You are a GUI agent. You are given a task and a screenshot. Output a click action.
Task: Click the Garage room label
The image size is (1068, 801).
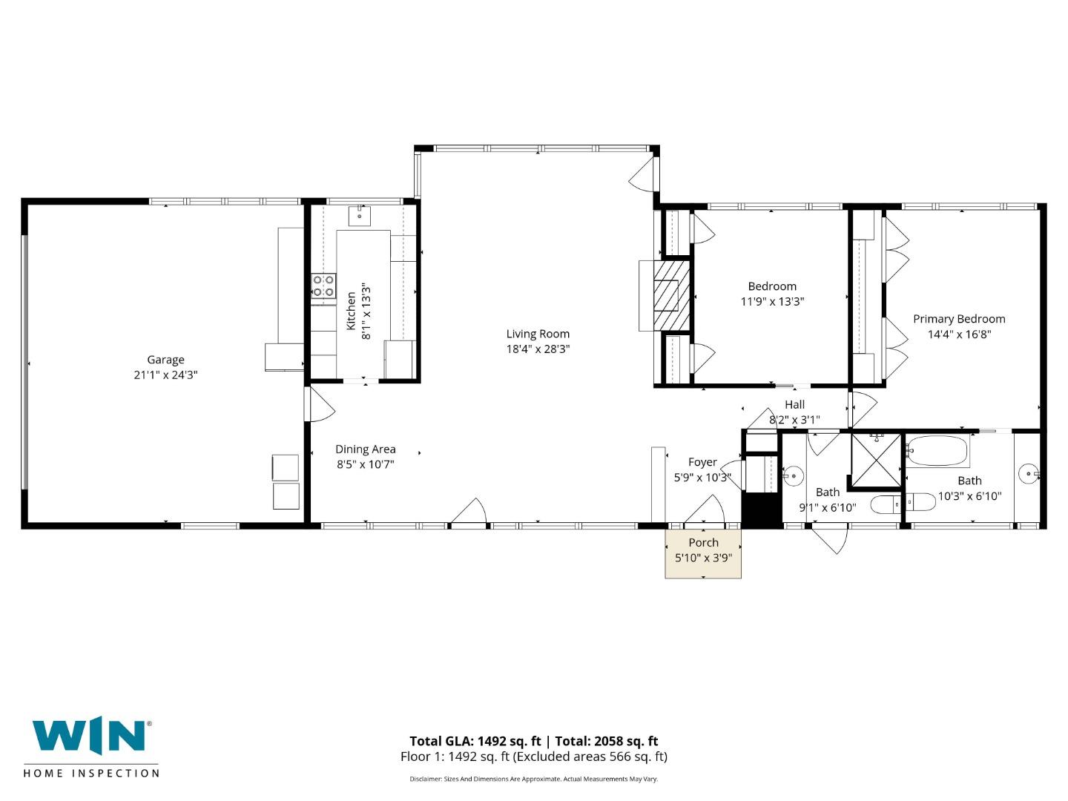pos(165,360)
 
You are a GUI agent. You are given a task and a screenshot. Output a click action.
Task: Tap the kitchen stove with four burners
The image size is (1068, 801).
pos(323,286)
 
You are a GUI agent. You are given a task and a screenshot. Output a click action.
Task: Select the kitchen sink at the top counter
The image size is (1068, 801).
pos(360,215)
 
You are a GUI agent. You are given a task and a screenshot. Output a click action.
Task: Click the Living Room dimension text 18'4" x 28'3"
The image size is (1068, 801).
pos(538,349)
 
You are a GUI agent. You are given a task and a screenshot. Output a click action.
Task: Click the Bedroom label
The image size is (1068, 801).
pos(772,286)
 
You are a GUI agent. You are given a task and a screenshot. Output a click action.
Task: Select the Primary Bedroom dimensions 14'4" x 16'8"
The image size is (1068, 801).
pos(959,334)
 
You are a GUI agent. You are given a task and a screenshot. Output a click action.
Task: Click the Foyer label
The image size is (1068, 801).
pos(702,462)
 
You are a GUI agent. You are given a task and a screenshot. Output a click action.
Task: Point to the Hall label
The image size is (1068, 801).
pos(794,404)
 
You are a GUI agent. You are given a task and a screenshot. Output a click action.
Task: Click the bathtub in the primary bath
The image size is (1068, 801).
pos(937,451)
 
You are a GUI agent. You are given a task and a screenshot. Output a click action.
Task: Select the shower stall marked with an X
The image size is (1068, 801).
pos(875,461)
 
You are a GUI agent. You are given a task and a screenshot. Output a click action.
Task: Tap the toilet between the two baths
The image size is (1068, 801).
pos(886,505)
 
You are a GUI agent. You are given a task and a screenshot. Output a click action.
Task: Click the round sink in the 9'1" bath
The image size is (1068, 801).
pos(794,475)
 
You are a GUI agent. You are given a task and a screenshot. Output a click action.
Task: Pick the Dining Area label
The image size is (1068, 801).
pos(365,449)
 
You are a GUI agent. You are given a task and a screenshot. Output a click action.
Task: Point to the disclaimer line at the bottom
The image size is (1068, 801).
pos(533,779)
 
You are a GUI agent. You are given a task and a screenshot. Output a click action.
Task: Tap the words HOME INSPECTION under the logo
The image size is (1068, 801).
pos(91,774)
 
